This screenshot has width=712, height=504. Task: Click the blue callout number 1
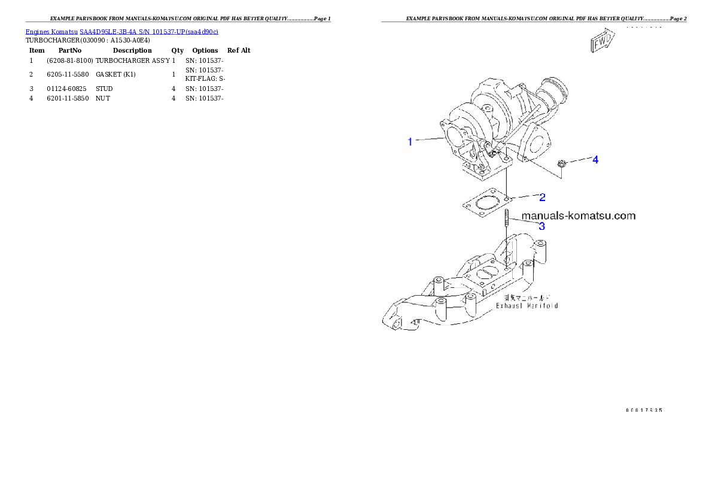click(x=410, y=142)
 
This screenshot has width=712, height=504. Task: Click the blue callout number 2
click(x=542, y=196)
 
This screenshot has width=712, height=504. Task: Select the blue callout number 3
click(x=541, y=226)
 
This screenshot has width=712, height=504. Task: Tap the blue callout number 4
click(x=595, y=160)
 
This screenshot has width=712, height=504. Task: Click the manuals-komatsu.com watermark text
click(x=578, y=215)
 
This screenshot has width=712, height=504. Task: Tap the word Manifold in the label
click(x=544, y=305)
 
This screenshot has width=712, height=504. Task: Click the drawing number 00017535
click(x=644, y=410)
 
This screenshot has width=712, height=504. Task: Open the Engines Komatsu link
click(x=52, y=31)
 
